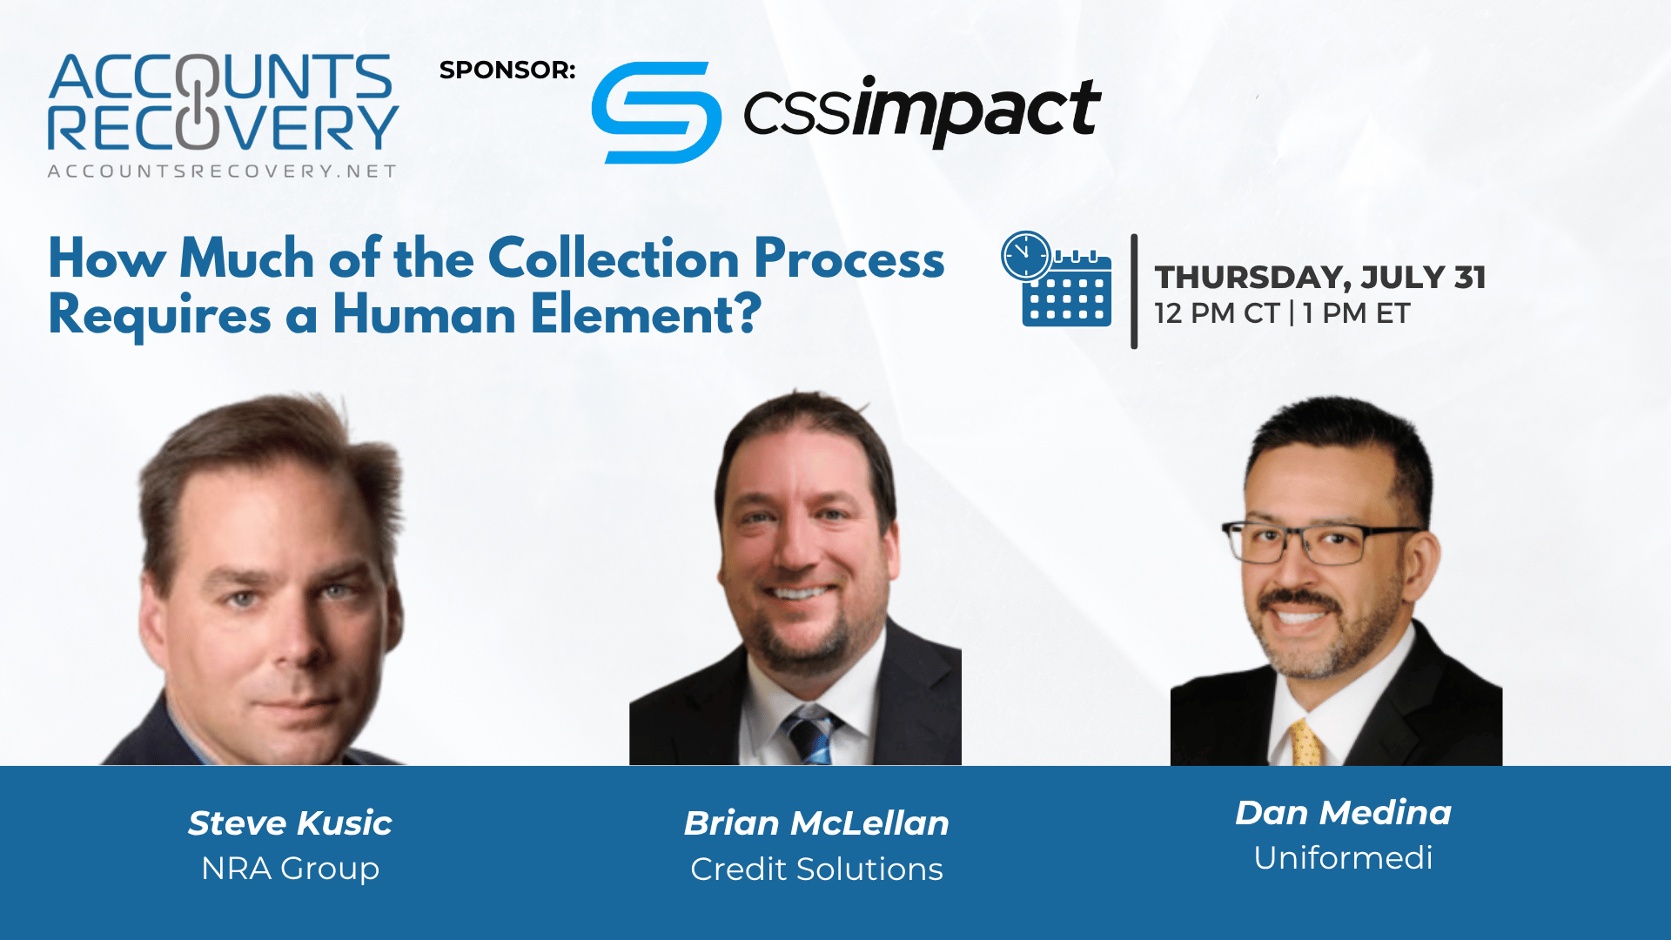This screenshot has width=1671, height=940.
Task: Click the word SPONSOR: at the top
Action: (x=507, y=70)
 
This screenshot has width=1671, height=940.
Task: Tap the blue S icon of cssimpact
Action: (x=656, y=112)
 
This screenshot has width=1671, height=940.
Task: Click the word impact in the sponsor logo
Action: (x=977, y=111)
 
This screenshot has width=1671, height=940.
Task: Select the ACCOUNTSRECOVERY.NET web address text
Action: (x=223, y=171)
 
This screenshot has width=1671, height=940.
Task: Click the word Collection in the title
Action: (x=614, y=258)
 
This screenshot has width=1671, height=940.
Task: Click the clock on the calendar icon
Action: (x=1027, y=256)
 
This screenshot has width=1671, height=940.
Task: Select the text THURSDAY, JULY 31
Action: (x=1320, y=277)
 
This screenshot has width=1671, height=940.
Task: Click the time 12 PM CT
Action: (x=1217, y=313)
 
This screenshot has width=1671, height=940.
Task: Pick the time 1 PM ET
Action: (x=1357, y=313)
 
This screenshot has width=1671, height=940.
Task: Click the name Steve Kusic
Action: (x=290, y=823)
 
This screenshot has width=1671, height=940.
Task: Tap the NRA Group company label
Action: (x=290, y=869)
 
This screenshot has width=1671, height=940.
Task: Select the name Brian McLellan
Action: (x=816, y=823)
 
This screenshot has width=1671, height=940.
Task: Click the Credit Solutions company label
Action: (x=816, y=869)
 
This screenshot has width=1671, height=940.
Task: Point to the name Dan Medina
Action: (x=1343, y=813)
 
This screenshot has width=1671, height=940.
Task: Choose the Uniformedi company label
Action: (x=1343, y=858)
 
